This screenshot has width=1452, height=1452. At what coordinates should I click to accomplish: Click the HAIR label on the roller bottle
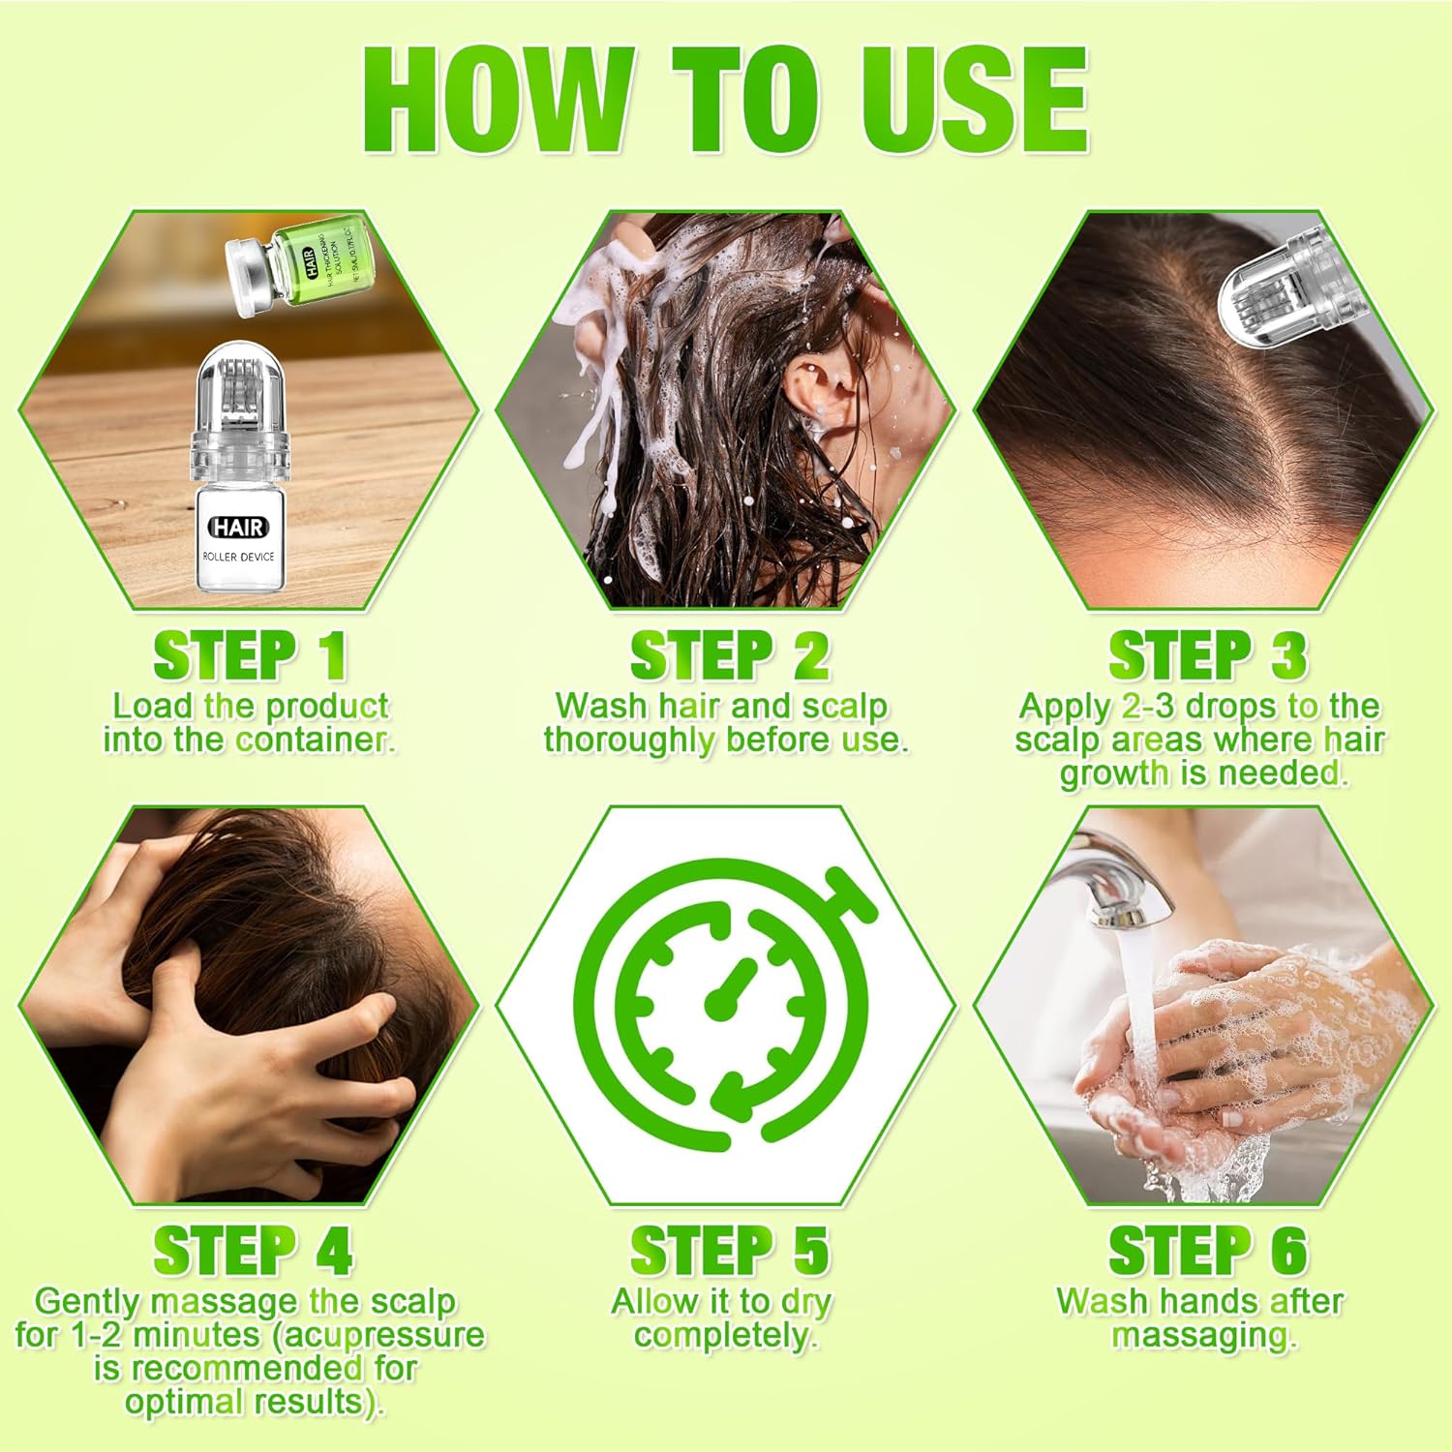[x=238, y=528]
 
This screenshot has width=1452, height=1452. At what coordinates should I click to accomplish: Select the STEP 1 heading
[x=250, y=656]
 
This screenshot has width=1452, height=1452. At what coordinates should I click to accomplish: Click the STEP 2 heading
[x=729, y=656]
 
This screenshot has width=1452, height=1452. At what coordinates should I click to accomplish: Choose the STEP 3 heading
[x=1207, y=656]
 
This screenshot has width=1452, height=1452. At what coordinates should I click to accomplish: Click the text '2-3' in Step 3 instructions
[x=1149, y=706]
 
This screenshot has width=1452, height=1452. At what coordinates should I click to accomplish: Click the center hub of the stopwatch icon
[x=717, y=1008]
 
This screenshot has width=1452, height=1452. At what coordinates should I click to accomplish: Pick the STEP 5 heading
[x=729, y=1251]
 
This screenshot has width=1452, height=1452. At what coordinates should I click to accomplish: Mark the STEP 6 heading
[x=1207, y=1251]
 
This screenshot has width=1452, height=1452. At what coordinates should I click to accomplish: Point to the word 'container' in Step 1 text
[x=314, y=740]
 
